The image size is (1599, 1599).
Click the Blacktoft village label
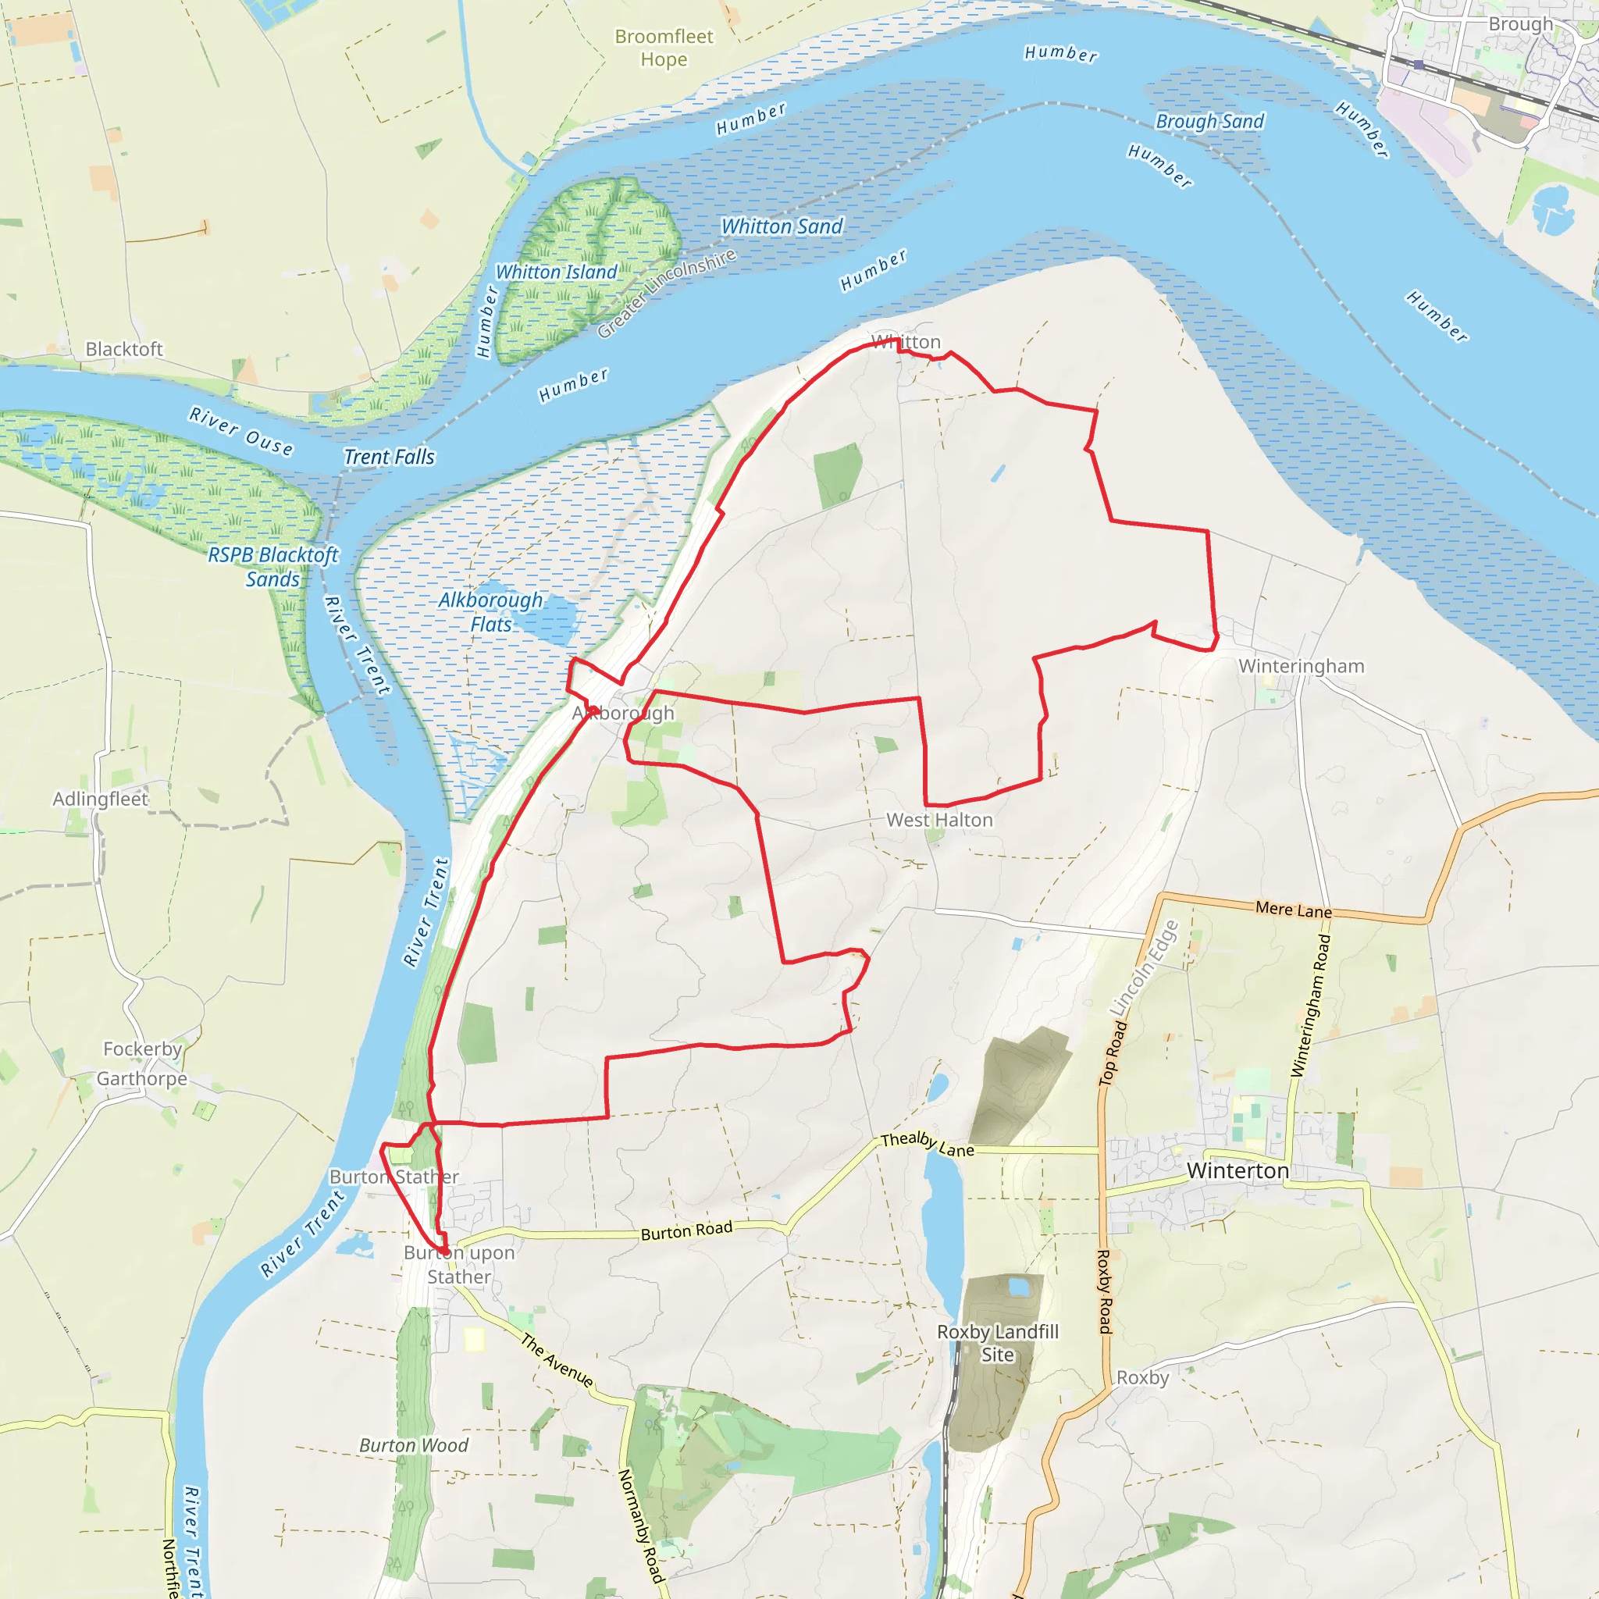(x=124, y=349)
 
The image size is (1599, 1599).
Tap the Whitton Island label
(x=556, y=272)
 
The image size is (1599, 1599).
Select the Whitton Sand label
(x=782, y=226)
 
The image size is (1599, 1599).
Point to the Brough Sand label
(x=1209, y=122)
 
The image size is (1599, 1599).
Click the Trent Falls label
(x=389, y=457)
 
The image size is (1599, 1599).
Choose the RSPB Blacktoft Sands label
(x=273, y=567)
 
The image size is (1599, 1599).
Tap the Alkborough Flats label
(x=491, y=612)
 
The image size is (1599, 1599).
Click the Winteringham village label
(x=1301, y=666)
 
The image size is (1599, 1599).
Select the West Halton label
(x=939, y=821)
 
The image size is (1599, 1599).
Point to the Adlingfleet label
(x=100, y=799)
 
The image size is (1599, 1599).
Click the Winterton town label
(x=1238, y=1171)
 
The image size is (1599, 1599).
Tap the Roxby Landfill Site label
(x=997, y=1343)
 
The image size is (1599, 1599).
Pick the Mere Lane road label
(x=1294, y=910)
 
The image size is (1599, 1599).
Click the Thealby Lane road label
(x=927, y=1145)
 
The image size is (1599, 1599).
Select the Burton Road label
(x=687, y=1230)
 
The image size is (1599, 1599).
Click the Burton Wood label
(x=414, y=1446)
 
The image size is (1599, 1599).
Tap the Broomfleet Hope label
(x=664, y=48)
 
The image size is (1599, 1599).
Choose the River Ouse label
(x=240, y=431)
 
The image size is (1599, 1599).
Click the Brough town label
(x=1520, y=24)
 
